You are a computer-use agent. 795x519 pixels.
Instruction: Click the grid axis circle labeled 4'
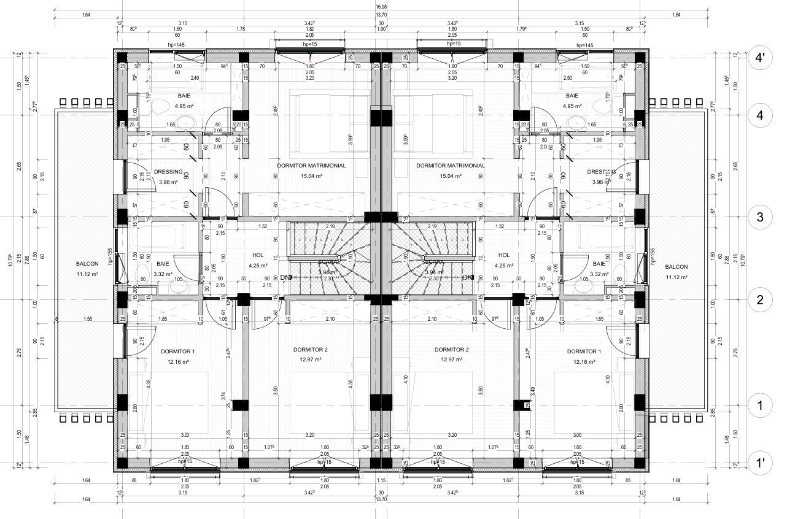pyautogui.click(x=759, y=59)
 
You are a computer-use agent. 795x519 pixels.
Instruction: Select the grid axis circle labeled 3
pyautogui.click(x=759, y=217)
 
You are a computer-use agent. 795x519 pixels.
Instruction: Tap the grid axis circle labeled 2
pyautogui.click(x=759, y=300)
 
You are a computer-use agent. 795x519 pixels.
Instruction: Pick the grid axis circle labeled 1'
pyautogui.click(x=759, y=462)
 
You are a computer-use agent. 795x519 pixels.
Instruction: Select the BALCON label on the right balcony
pyautogui.click(x=676, y=267)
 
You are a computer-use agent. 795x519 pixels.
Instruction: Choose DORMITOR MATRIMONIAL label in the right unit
pyautogui.click(x=451, y=166)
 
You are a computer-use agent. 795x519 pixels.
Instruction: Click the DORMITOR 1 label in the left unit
pyautogui.click(x=177, y=352)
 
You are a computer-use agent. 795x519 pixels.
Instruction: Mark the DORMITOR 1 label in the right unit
pyautogui.click(x=584, y=352)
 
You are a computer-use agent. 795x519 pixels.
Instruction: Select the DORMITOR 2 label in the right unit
pyautogui.click(x=452, y=350)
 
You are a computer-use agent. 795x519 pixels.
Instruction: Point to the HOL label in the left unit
pyautogui.click(x=257, y=255)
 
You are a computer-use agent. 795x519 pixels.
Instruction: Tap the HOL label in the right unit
pyautogui.click(x=504, y=255)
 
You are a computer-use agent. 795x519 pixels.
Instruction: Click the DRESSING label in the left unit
pyautogui.click(x=168, y=172)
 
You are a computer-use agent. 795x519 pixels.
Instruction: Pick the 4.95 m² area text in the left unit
pyautogui.click(x=184, y=106)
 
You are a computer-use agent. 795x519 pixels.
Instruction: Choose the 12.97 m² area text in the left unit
pyautogui.click(x=310, y=359)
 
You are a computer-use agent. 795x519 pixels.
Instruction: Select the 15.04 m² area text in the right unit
pyautogui.click(x=451, y=176)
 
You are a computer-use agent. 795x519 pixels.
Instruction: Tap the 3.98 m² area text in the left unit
pyautogui.click(x=168, y=182)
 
